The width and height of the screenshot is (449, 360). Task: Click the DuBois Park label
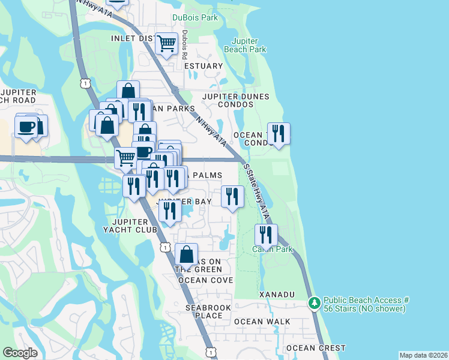point(195,18)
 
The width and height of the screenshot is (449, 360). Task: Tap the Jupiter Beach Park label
point(245,45)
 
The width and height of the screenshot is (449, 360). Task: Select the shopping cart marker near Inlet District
point(166,43)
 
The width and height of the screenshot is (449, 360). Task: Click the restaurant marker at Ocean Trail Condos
point(279,133)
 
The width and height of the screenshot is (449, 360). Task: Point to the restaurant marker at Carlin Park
point(266,235)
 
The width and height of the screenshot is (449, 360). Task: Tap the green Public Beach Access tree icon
point(314,304)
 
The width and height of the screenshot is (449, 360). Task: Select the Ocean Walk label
point(262,322)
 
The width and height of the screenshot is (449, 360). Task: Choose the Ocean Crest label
point(316,348)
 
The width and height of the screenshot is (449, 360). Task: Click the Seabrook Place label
point(204,311)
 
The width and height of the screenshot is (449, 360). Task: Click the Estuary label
point(203,66)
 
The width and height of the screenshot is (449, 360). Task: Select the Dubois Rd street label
point(185,44)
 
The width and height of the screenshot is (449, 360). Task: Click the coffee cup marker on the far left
point(27,127)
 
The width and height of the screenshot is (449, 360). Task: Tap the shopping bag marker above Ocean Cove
point(187,254)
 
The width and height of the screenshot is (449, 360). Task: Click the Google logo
point(20,353)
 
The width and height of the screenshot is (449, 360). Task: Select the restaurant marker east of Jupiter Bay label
point(232,196)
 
